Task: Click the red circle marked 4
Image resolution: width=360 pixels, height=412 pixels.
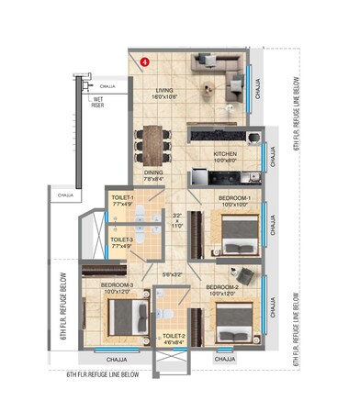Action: coord(145,61)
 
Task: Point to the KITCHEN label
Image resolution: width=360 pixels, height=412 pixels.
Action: coord(226,154)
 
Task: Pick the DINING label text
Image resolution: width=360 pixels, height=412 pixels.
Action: coord(153,172)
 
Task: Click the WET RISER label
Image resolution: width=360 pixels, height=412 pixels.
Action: coord(97,103)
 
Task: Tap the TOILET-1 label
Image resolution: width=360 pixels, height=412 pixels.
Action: coord(122,196)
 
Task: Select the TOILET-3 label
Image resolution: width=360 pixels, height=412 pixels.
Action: coord(121,240)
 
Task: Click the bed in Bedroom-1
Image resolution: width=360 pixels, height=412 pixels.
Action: coord(237,230)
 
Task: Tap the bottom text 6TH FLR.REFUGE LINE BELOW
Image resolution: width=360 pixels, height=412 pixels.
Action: coord(103,374)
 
